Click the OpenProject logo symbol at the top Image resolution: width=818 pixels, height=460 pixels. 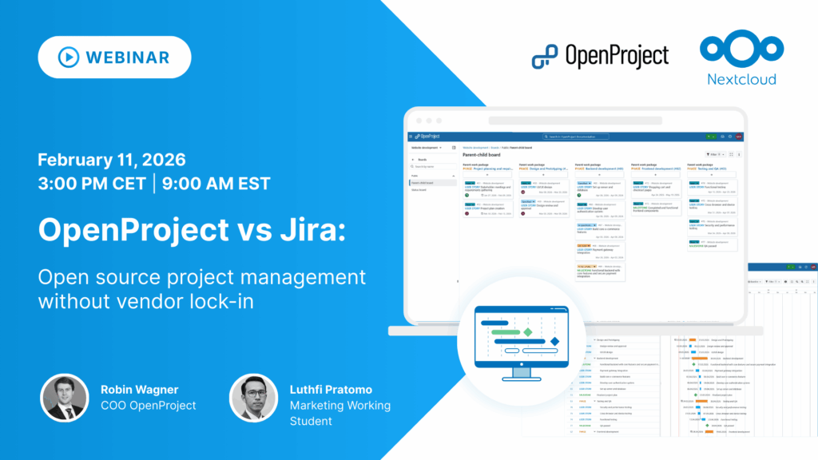[x=545, y=56]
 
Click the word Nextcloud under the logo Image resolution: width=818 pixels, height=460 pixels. [x=741, y=78]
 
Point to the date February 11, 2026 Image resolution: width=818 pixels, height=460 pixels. [x=111, y=157]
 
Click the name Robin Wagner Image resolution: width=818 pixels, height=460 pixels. [x=140, y=390]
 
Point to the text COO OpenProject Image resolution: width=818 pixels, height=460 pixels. [x=148, y=406]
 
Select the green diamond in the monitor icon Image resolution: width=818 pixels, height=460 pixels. [x=527, y=331]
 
